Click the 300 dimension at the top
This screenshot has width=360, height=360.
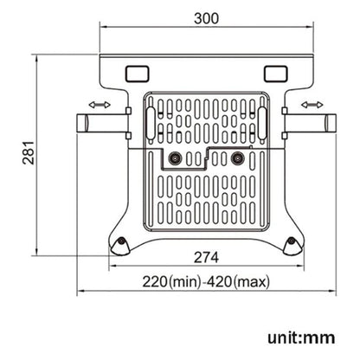pos(206,17)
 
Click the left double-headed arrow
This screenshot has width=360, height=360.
pos(98,105)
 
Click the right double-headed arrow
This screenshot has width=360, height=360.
pos(312,105)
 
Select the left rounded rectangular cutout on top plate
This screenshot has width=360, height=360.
pos(137,72)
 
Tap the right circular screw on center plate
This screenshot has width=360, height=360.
pos(236,158)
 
